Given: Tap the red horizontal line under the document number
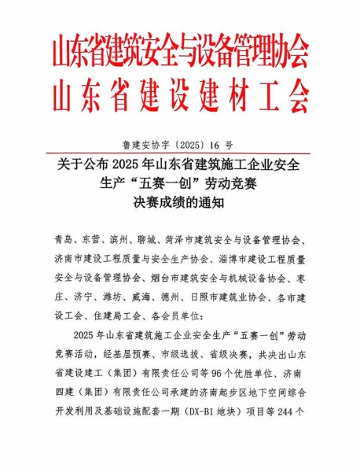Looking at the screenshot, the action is coord(180,153).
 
